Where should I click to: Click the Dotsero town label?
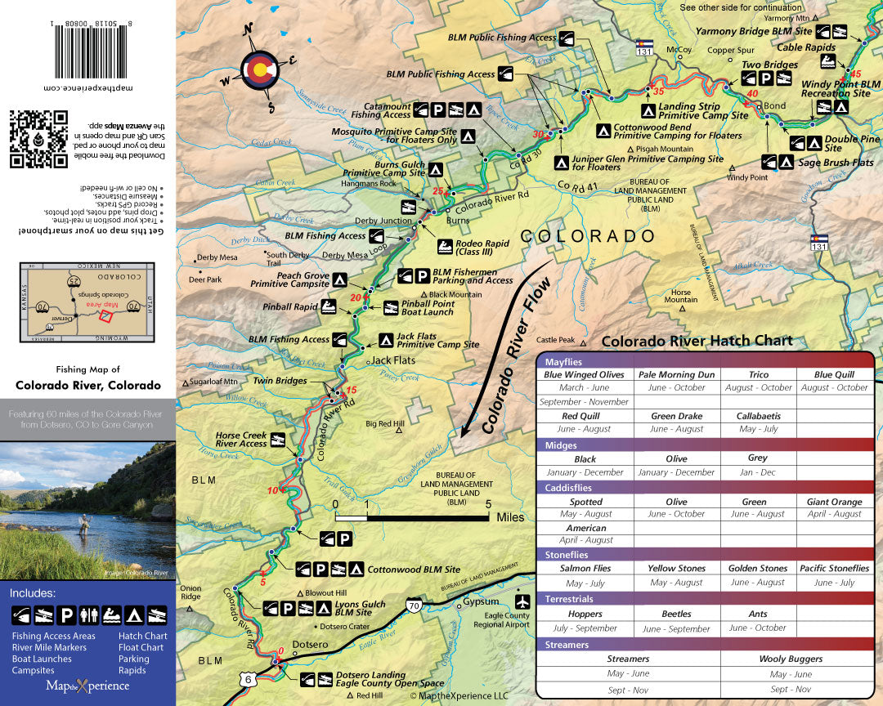coord(310,644)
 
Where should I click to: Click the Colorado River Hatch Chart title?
coord(697,341)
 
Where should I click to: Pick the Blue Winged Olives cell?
coord(584,374)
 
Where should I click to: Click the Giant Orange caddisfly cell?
coord(835,502)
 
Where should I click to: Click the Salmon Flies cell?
coord(585,568)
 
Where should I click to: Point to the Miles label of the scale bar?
coord(510,517)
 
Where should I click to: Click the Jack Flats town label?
coord(393,360)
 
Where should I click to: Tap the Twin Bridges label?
coord(280,381)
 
